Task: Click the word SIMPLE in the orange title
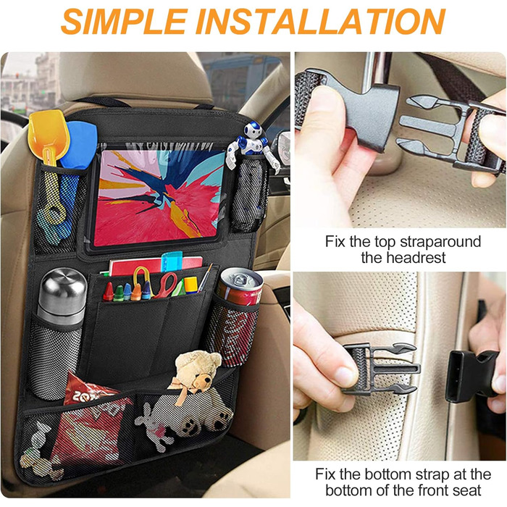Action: (125, 21)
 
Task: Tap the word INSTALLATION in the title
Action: (321, 21)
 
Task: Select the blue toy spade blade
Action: (79, 145)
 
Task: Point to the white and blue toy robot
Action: (253, 145)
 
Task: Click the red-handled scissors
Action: (166, 285)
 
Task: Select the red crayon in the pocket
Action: (109, 292)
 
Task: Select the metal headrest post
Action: (377, 73)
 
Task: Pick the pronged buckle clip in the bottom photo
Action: (382, 369)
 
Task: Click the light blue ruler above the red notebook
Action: (172, 261)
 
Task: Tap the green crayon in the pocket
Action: (118, 293)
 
